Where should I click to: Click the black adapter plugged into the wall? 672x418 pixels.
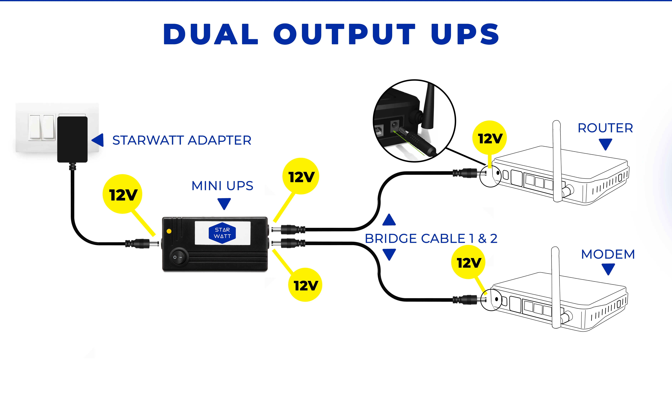(x=72, y=139)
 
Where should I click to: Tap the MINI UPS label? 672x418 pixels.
(x=222, y=186)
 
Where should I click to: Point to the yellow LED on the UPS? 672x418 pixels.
(x=169, y=231)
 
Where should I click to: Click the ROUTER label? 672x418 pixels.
(x=605, y=128)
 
